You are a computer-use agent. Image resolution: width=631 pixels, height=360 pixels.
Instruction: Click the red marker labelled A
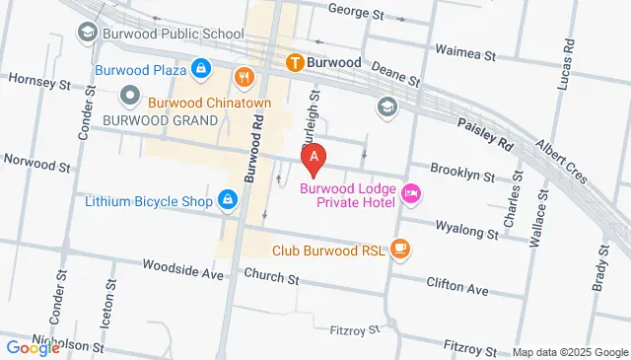point(314,157)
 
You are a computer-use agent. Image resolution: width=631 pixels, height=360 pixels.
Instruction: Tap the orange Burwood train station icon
point(294,62)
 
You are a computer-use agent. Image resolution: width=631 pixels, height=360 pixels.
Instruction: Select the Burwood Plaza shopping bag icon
point(200,69)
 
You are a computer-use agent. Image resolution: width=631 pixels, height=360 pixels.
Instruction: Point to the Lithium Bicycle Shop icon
point(228,201)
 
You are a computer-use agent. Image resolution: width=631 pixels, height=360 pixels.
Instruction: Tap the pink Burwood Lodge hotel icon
point(411,194)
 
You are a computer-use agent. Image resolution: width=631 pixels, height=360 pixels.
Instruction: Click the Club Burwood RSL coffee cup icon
point(398,250)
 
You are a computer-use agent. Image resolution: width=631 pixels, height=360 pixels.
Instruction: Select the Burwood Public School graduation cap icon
point(88,33)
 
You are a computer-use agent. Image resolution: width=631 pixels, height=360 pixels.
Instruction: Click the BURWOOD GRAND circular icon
point(129,96)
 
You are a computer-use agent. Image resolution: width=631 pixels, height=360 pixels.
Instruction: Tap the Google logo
point(33,346)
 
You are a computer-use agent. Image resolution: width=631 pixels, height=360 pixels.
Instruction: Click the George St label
point(355,14)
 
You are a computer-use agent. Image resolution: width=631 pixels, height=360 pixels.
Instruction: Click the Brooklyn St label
point(462,174)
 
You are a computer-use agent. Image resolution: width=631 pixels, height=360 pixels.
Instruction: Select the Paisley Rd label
point(486,134)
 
